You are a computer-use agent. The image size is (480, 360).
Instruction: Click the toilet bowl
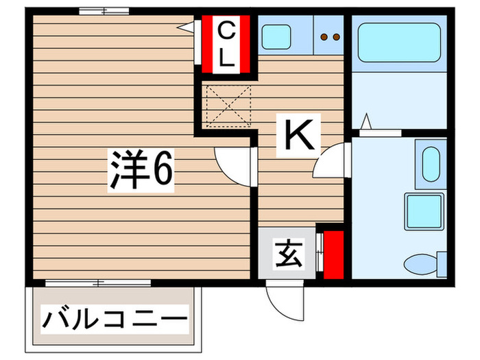[x=420, y=263]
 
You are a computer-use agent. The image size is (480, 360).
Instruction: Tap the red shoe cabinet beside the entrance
[x=333, y=255]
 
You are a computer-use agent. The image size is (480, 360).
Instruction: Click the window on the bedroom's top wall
[x=104, y=11]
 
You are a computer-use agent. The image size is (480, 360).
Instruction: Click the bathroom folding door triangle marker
[x=366, y=121]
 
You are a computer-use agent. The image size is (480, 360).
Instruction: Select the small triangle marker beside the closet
[x=185, y=25]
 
